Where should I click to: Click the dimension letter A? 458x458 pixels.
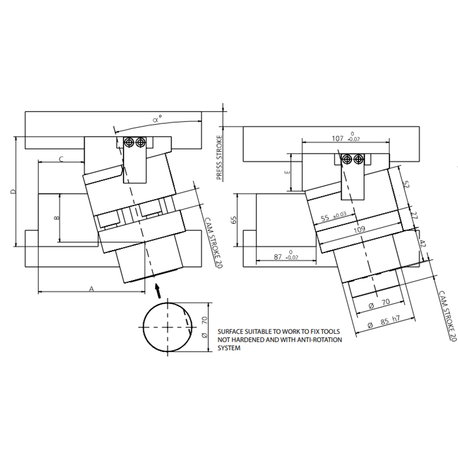click(x=92, y=289)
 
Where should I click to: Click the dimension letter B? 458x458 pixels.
click(x=57, y=218)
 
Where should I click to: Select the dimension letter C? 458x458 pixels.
click(x=61, y=159)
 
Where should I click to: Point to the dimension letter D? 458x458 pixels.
click(x=13, y=192)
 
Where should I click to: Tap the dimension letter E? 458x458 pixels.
click(x=287, y=172)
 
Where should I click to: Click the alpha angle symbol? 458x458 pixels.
click(x=157, y=119)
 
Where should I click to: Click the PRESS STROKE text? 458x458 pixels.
click(x=219, y=158)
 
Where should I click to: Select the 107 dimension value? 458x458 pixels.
click(x=338, y=138)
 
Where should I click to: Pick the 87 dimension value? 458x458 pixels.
click(x=278, y=256)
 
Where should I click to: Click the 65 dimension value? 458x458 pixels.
click(x=234, y=220)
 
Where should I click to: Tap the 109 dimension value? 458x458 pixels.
click(x=360, y=230)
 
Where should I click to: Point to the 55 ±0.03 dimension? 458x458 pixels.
click(x=334, y=217)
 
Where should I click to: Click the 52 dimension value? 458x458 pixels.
click(x=406, y=184)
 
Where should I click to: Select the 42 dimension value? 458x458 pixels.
click(x=423, y=243)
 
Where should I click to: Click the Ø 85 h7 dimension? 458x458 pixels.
click(x=384, y=321)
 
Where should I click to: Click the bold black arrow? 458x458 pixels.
click(x=158, y=291)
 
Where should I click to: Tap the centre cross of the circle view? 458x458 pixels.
click(x=167, y=327)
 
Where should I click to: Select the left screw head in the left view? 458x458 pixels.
click(x=128, y=143)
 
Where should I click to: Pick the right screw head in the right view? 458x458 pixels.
click(x=358, y=159)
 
